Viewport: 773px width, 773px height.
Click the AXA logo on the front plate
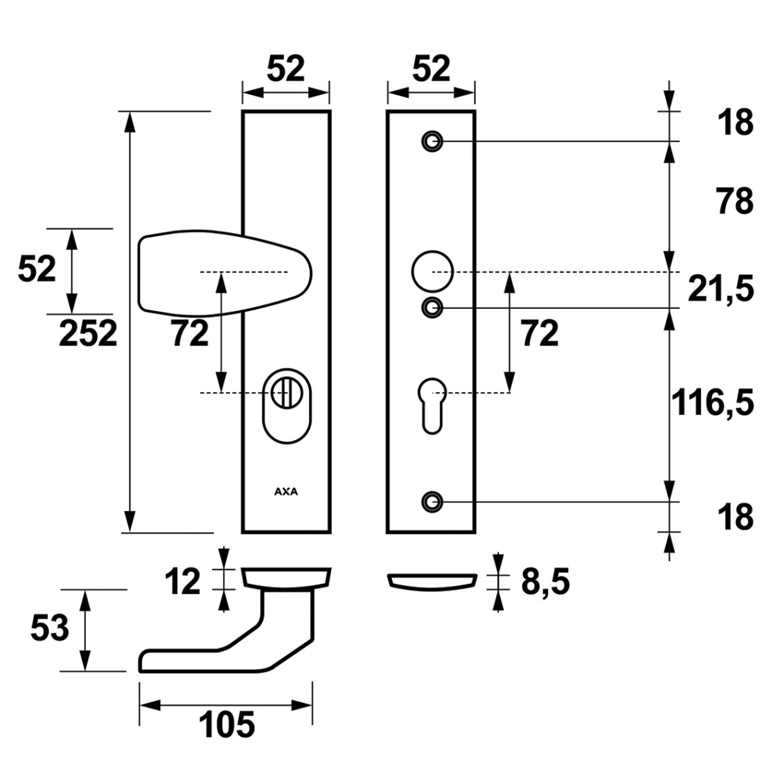[286, 492]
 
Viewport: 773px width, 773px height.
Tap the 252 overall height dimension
[88, 334]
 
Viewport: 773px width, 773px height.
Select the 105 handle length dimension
[226, 725]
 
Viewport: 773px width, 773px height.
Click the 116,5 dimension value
[712, 402]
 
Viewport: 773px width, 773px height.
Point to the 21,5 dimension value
[721, 290]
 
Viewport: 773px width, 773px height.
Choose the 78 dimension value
[735, 201]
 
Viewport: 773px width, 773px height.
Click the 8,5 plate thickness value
[545, 583]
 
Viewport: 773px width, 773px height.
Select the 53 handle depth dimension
[49, 628]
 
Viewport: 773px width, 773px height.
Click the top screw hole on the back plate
[432, 141]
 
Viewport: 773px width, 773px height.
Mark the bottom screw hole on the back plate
[432, 502]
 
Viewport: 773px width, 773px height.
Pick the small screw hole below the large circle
[432, 308]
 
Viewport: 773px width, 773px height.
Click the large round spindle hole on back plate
[432, 271]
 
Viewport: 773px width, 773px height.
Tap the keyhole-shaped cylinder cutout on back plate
[432, 406]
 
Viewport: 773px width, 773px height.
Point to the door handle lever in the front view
[224, 272]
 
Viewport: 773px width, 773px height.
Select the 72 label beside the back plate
[540, 334]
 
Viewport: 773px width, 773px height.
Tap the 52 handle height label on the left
[37, 269]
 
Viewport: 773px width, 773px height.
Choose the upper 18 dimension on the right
[735, 123]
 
